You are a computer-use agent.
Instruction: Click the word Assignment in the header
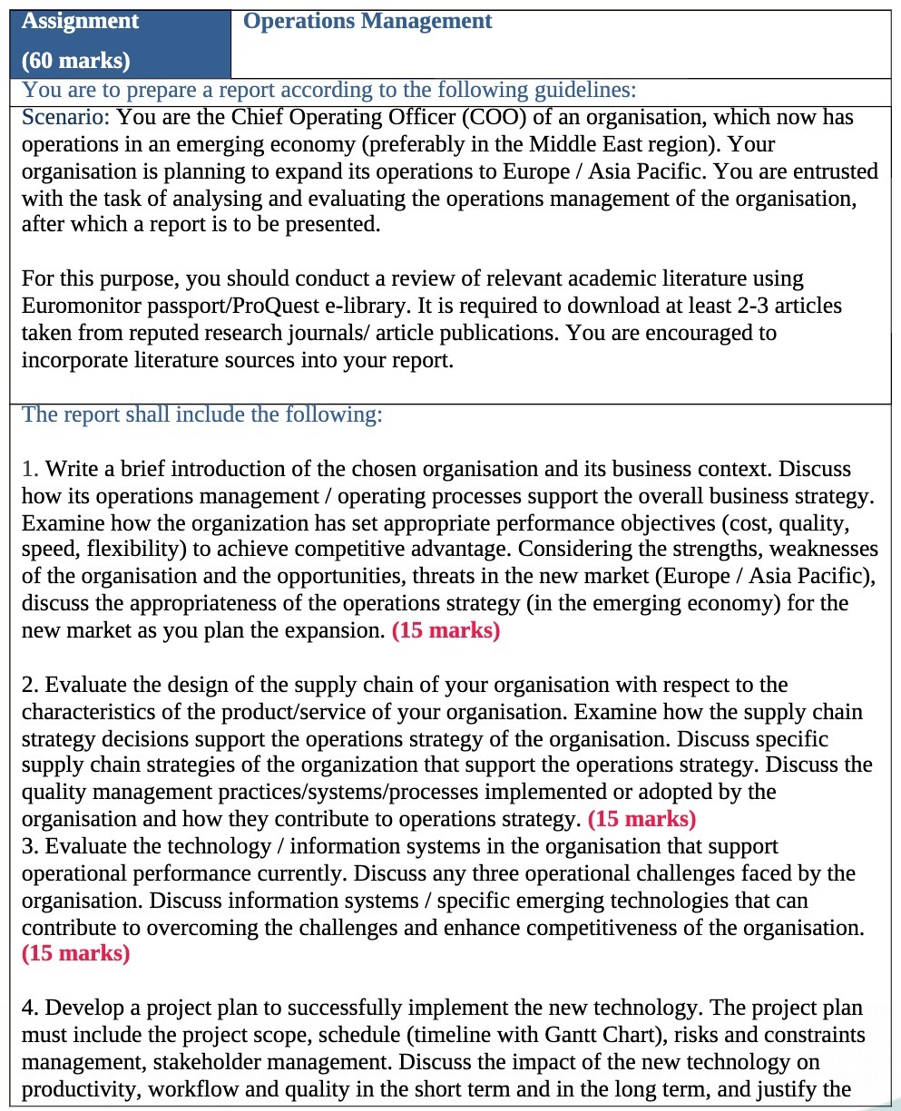[x=80, y=21]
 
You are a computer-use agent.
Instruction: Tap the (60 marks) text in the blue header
[x=75, y=60]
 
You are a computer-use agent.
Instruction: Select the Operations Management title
[x=367, y=21]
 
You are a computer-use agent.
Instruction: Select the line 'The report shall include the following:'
[x=201, y=414]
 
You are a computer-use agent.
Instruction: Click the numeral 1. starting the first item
[x=30, y=469]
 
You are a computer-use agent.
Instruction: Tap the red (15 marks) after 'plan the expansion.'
[x=446, y=631]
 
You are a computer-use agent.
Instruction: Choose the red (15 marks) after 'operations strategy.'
[x=641, y=820]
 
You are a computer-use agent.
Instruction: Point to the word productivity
[x=77, y=1089]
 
